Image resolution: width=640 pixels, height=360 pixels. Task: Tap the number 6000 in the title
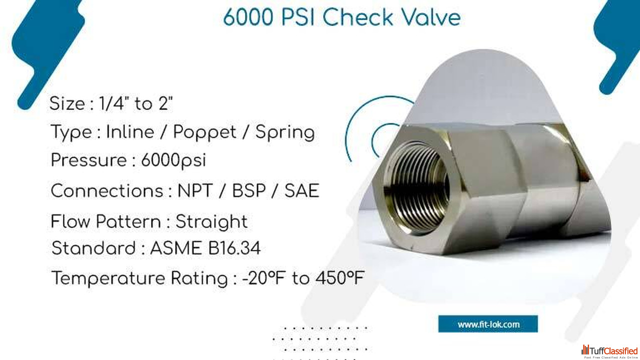(248, 17)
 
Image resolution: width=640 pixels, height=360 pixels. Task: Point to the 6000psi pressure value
(173, 160)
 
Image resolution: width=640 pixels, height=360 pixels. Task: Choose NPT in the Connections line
(195, 191)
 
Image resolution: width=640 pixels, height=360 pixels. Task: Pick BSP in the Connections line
(249, 191)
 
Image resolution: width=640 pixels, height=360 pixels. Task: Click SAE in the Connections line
(301, 191)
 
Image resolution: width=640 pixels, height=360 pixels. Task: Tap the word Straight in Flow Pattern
(211, 221)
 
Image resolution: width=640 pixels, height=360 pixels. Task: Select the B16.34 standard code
(234, 248)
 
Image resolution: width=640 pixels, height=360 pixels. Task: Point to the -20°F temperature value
(263, 278)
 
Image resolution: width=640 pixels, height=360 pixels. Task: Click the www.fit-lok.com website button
(488, 324)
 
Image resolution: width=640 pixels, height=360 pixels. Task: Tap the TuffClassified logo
(609, 351)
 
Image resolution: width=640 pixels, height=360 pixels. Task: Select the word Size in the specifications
(67, 103)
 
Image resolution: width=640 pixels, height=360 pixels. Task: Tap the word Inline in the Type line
(130, 132)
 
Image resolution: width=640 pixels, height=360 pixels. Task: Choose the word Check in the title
(358, 17)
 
